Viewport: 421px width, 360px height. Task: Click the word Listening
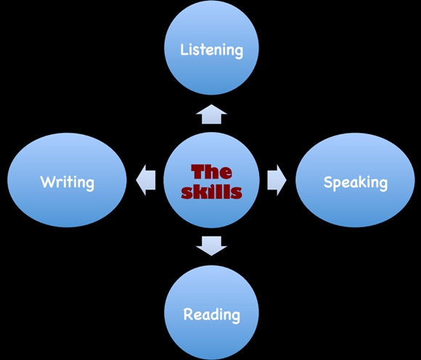[211, 50]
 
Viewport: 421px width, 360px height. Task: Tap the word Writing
[68, 183]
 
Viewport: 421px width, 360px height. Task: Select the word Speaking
[356, 183]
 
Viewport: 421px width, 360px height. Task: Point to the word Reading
[211, 314]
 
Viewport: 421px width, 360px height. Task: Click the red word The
[211, 172]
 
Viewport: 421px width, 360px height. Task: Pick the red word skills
[211, 192]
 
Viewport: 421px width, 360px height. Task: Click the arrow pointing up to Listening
[211, 114]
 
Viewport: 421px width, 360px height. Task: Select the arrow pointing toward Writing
[146, 180]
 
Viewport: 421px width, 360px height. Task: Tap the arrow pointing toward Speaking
[277, 180]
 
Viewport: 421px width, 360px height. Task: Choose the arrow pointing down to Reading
[211, 246]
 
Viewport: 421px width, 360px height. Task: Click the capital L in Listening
[184, 49]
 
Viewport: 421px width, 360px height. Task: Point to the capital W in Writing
[47, 181]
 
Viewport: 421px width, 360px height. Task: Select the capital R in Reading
[187, 314]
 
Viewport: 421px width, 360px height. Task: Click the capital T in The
[198, 172]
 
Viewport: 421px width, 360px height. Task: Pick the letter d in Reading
[216, 314]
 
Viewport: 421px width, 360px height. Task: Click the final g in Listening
[239, 52]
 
